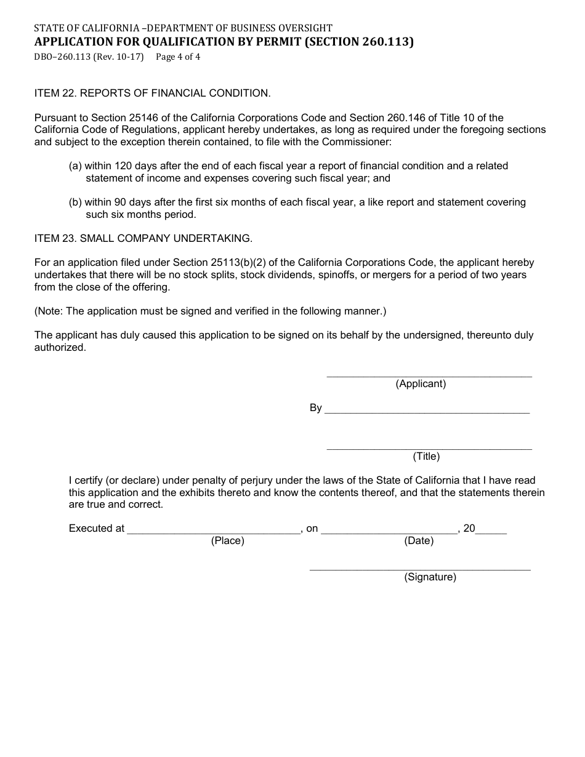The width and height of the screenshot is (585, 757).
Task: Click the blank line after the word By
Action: (426, 411)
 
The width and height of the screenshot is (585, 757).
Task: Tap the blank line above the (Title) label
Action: (429, 448)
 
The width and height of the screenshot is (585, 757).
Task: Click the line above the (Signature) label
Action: (419, 569)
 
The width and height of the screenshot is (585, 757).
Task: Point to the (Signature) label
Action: (430, 577)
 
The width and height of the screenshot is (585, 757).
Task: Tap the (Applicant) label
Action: (421, 384)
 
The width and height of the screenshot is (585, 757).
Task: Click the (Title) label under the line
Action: (426, 457)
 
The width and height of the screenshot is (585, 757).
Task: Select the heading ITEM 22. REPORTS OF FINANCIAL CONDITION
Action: (152, 94)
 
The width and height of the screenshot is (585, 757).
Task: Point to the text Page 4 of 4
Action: (178, 57)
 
